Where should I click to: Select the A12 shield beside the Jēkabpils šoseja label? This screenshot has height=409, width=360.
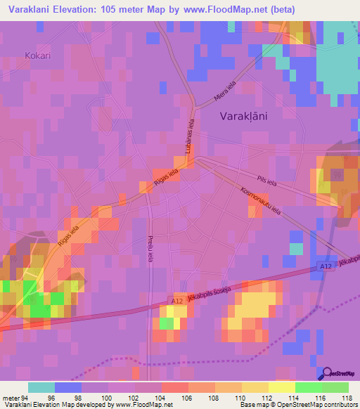point(176,301)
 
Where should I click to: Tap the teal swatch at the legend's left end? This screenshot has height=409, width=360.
point(41,387)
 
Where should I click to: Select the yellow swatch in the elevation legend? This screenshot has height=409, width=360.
point(281,387)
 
